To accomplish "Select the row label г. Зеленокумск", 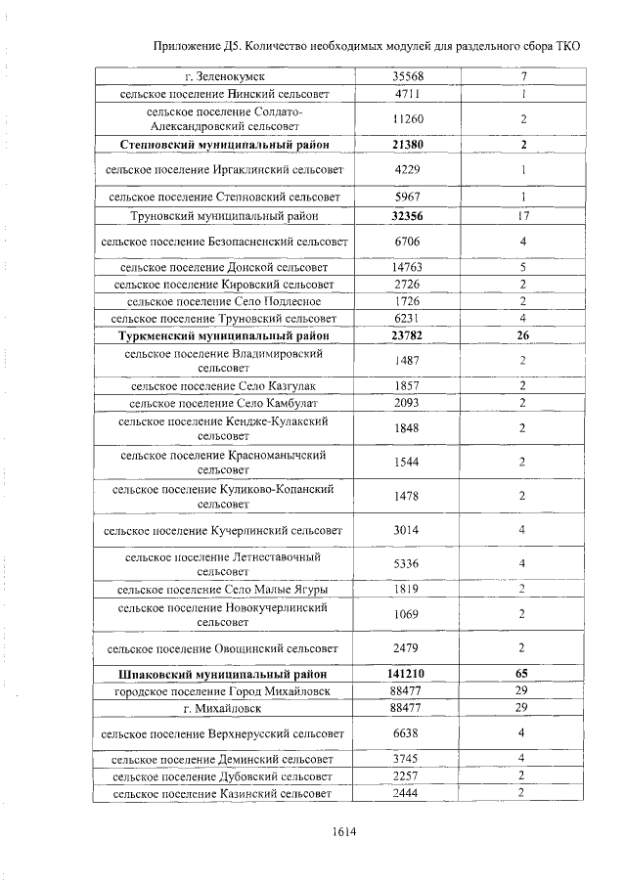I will [224, 76].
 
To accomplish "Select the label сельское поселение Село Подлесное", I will [224, 301].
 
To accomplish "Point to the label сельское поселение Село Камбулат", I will [224, 402].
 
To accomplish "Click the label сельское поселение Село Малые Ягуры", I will [224, 589].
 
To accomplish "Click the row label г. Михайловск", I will [224, 707].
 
